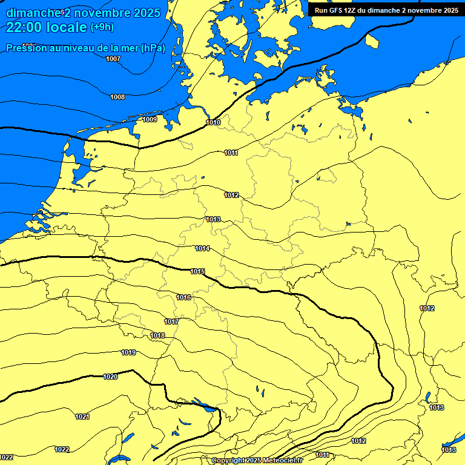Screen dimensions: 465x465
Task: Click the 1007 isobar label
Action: pos(113,59)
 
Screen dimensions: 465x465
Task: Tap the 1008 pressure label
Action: pos(117,97)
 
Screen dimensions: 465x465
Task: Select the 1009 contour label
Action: pos(150,119)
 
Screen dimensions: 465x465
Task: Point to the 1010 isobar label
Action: pos(213,122)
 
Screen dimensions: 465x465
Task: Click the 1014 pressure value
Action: pos(202,248)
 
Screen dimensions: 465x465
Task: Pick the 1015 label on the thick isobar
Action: pos(197,271)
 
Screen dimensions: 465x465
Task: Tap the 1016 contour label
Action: pos(184,297)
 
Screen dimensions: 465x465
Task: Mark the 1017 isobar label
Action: pos(171,322)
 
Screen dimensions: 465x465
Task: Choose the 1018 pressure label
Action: pos(157,335)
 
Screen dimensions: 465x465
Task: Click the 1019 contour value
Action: pos(128,352)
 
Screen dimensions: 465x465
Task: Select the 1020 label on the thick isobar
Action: pos(110,377)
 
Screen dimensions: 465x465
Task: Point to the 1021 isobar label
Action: pos(82,417)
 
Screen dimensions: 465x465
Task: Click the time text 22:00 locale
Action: pos(47,27)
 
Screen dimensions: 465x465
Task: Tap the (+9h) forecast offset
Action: pos(102,27)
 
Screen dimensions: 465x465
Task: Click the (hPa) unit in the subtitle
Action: pos(153,48)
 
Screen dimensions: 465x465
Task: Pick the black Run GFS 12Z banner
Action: pos(386,10)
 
